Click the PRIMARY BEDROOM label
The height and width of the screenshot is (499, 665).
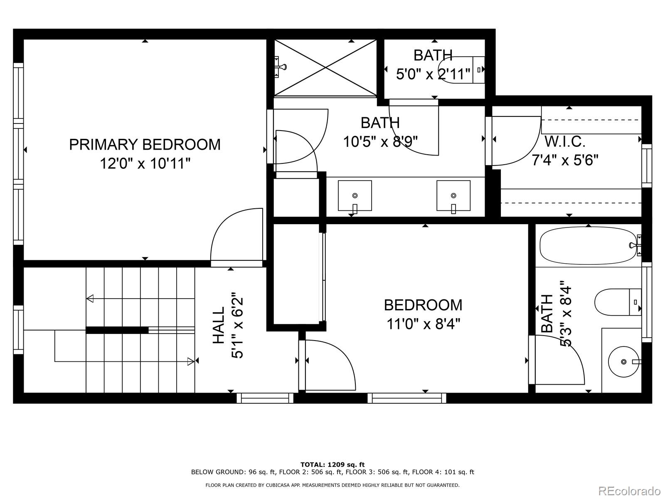(145, 144)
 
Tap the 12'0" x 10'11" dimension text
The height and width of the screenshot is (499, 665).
(145, 163)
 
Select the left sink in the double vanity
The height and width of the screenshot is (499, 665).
(355, 195)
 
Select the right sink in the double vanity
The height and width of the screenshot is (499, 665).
(453, 195)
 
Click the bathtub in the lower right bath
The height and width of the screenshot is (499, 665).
(588, 245)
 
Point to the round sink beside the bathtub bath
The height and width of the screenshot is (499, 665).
(623, 362)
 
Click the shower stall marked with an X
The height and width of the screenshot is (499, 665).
(325, 68)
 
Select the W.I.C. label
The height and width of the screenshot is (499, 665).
(565, 142)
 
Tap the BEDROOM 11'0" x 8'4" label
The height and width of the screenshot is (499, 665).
(423, 314)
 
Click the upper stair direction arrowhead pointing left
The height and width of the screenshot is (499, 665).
(90, 299)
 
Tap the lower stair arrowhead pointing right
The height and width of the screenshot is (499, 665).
(191, 361)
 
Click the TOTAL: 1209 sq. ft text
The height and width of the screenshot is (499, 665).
(332, 464)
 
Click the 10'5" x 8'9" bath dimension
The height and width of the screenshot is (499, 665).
(380, 142)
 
